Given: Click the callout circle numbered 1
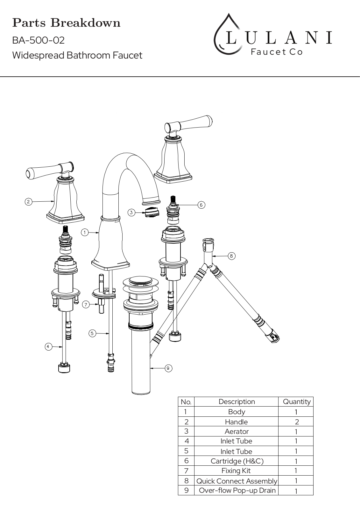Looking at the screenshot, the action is click(x=85, y=233).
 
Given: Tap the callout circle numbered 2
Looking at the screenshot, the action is click(x=28, y=202).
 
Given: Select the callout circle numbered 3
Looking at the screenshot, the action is click(x=131, y=213).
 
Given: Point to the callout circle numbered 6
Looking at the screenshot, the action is click(x=201, y=205).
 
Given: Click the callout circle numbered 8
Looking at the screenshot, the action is click(x=231, y=256).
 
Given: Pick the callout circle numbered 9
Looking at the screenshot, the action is click(x=168, y=368).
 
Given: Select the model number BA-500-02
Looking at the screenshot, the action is click(x=39, y=40).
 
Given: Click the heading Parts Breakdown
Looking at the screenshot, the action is click(x=66, y=23).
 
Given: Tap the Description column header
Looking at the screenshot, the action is click(x=237, y=401).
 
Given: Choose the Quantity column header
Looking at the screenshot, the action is click(x=297, y=402).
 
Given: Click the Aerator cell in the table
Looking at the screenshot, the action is click(x=236, y=431).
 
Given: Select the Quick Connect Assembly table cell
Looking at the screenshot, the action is click(x=237, y=481).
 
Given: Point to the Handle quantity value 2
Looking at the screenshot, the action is click(x=297, y=422).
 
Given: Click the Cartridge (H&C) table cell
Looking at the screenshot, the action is click(x=237, y=461).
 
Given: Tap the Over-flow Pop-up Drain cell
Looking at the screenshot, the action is click(x=237, y=490).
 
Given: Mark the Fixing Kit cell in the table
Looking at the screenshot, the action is click(x=236, y=471).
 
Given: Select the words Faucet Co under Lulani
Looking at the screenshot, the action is click(x=277, y=52).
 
